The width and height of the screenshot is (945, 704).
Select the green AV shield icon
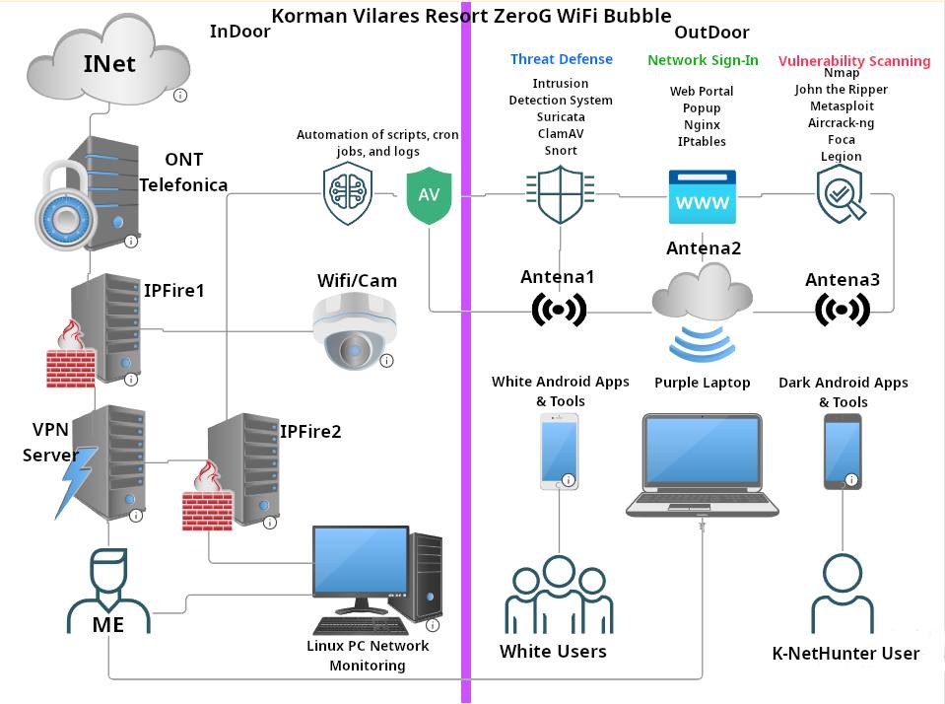(430, 194)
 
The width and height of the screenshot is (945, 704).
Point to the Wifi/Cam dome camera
(354, 331)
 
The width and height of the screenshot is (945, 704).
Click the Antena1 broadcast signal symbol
(558, 310)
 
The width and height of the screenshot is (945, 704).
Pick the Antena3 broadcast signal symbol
(843, 310)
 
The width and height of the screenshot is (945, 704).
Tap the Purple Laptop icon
(701, 463)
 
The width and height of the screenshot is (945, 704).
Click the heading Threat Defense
(561, 59)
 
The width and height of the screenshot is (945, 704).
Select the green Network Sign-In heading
(703, 60)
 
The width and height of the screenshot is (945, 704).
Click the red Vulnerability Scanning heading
(853, 61)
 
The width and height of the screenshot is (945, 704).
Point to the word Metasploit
(842, 106)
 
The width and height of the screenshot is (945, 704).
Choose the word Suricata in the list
(560, 117)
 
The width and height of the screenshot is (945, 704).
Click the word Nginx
(703, 125)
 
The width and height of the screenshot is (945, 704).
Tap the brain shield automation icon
(348, 193)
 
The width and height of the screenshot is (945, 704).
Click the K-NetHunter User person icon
(844, 593)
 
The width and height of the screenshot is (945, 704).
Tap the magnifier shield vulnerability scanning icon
(841, 194)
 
